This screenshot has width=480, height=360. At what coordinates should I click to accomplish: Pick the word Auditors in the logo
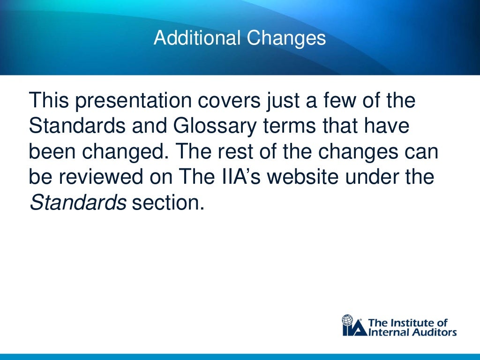(433, 332)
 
